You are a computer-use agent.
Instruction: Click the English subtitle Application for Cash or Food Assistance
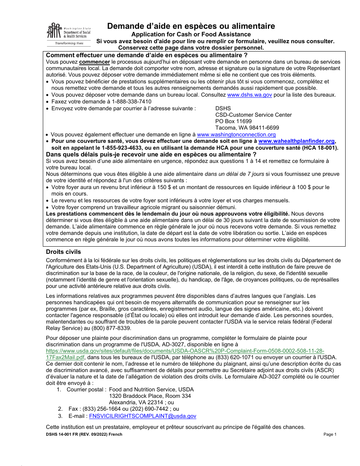(x=191, y=34)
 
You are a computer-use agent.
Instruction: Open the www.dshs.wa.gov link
(x=249, y=95)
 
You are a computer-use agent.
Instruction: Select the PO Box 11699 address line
(x=233, y=121)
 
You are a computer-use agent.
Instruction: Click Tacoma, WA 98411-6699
(x=247, y=128)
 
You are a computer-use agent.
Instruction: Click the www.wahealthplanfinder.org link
(x=297, y=141)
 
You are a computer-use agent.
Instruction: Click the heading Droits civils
(x=63, y=252)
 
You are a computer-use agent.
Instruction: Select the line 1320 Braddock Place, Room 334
(x=150, y=396)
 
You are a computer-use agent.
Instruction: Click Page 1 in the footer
(x=330, y=434)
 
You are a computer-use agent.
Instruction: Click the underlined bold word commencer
(x=95, y=62)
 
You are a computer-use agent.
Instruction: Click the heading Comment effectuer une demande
(x=147, y=55)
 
